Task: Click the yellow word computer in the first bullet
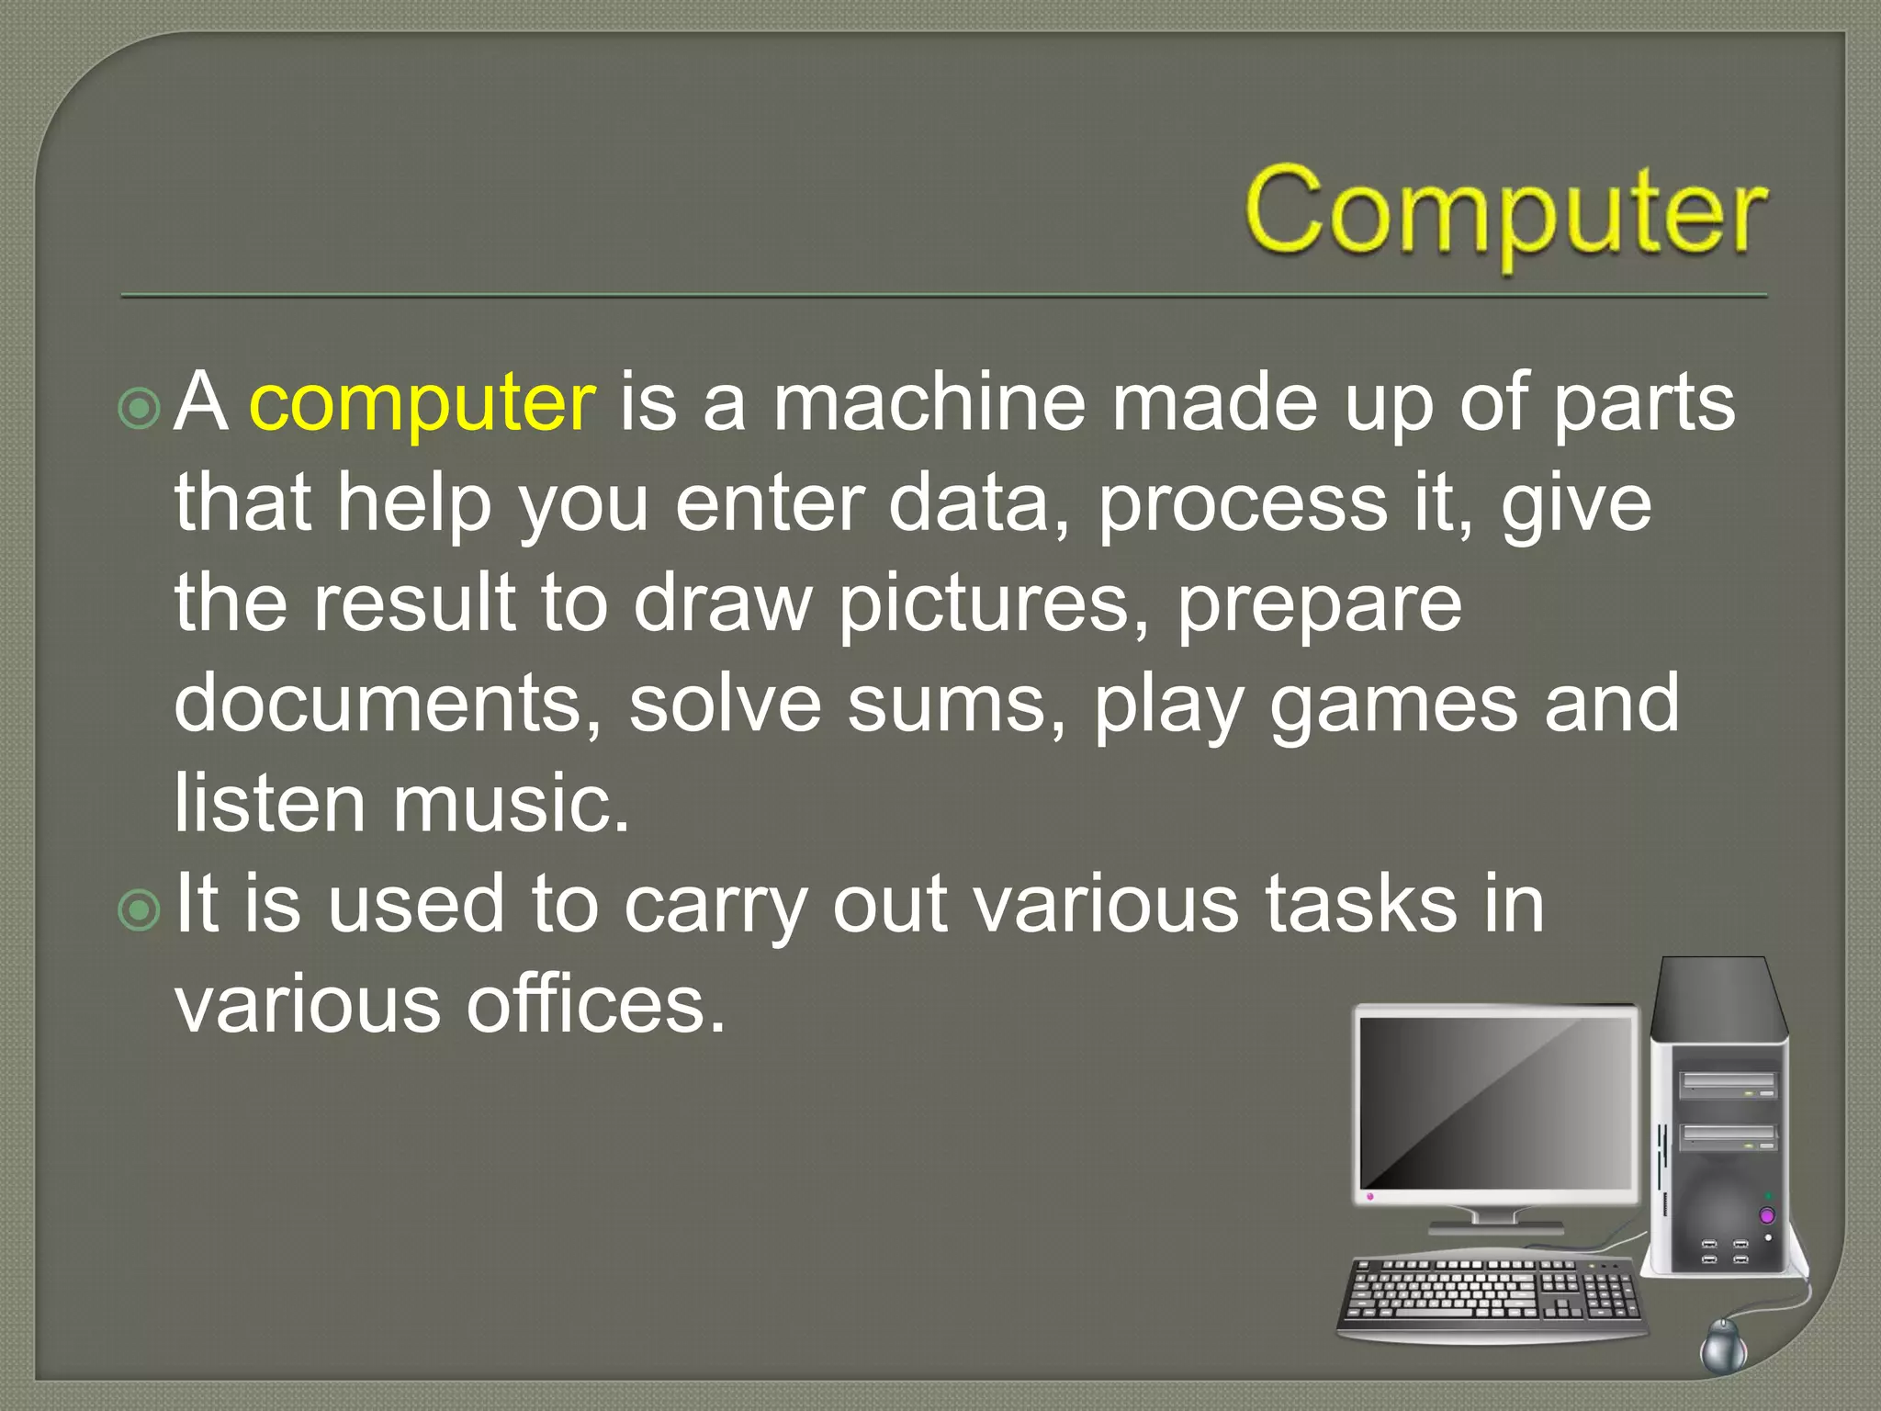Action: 422,404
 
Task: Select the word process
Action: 1243,505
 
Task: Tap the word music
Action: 512,804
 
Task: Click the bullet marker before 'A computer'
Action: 140,409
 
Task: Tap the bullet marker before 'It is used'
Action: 140,910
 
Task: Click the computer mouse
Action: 1723,1347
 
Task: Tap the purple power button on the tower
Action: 1766,1216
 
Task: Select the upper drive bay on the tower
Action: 1727,1086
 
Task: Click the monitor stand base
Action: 1494,1227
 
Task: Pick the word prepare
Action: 1319,606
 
